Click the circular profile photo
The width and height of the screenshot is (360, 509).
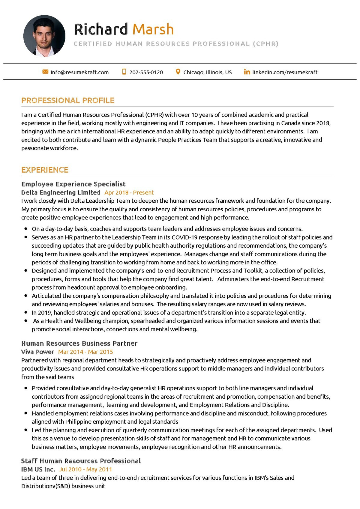pyautogui.click(x=44, y=36)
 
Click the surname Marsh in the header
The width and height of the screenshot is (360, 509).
pyautogui.click(x=153, y=29)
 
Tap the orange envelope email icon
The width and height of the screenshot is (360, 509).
pyautogui.click(x=45, y=72)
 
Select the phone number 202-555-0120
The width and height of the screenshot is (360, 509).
pyautogui.click(x=146, y=72)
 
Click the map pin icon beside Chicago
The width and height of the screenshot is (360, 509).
pyautogui.click(x=178, y=72)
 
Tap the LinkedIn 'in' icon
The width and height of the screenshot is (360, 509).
pyautogui.click(x=247, y=72)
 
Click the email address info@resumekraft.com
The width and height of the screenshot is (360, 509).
pyautogui.click(x=79, y=72)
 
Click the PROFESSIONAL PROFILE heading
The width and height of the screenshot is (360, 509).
pyautogui.click(x=68, y=100)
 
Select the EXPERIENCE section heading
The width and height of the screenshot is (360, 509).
pyautogui.click(x=45, y=170)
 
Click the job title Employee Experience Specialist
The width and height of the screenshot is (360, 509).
pyautogui.click(x=73, y=184)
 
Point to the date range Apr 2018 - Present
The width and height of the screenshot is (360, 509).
pyautogui.click(x=129, y=192)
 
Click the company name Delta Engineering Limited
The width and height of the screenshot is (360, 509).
pyautogui.click(x=61, y=192)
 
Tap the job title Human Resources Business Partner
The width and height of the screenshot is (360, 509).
pyautogui.click(x=79, y=344)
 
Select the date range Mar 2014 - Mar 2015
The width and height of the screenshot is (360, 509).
pyautogui.click(x=85, y=352)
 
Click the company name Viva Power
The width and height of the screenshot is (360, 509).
pyautogui.click(x=38, y=352)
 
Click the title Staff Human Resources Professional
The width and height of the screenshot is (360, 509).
pyautogui.click(x=81, y=461)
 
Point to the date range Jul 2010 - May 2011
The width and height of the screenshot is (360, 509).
pyautogui.click(x=85, y=469)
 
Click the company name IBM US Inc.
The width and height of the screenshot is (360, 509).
pyautogui.click(x=38, y=469)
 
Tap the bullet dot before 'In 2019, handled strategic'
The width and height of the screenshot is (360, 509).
pyautogui.click(x=26, y=313)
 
